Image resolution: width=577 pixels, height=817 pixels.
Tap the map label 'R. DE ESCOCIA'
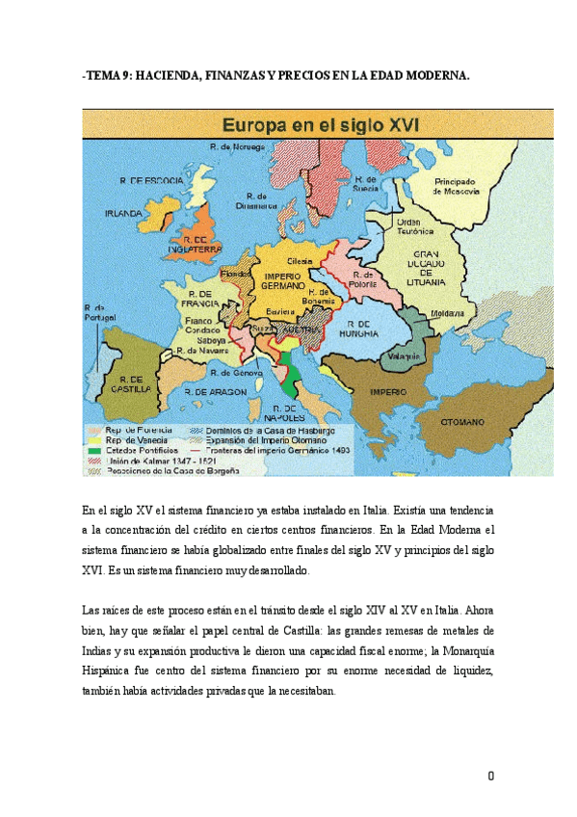[144, 180]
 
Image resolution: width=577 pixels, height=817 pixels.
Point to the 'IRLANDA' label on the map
[124, 213]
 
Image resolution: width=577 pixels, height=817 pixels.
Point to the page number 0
[491, 776]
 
